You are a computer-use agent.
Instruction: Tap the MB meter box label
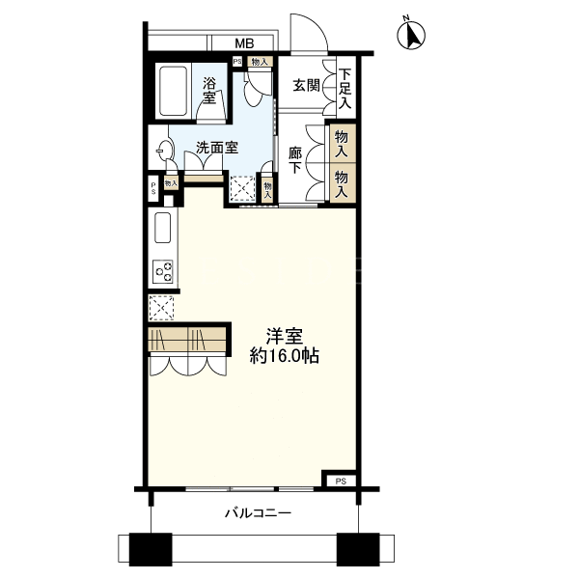244,43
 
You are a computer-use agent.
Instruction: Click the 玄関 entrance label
306,86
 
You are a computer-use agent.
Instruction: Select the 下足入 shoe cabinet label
345,89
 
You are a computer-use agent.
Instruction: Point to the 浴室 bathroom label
209,91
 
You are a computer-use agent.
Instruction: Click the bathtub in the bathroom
173,92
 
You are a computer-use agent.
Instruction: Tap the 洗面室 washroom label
217,148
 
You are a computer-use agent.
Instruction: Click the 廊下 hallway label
295,160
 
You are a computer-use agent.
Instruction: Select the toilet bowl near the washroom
254,90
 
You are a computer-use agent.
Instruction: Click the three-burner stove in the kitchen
163,271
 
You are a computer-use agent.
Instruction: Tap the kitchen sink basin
162,228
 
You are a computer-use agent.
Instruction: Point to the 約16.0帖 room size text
285,356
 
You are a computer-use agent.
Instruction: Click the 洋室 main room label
285,337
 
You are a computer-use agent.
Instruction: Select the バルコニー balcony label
259,513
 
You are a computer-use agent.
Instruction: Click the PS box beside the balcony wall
341,482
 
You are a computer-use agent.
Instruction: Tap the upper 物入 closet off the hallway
342,144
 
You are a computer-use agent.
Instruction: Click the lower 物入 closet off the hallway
342,183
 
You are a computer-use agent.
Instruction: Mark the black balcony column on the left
151,549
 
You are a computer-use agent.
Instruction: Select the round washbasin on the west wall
164,151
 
